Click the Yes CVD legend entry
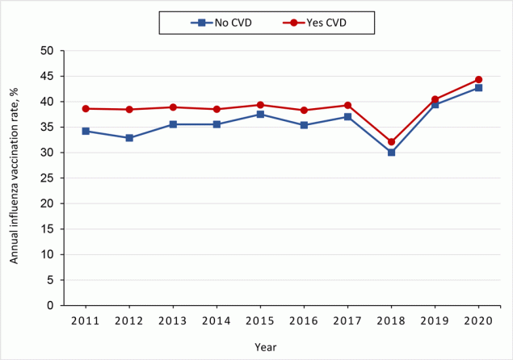point(321,22)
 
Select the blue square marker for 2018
point(391,152)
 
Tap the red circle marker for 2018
point(391,141)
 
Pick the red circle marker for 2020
point(478,79)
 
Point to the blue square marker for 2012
point(129,138)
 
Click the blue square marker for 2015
point(260,115)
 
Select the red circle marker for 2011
point(86,108)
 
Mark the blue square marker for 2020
point(478,87)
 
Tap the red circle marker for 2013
point(173,107)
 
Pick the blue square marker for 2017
point(347,117)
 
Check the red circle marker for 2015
point(260,105)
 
